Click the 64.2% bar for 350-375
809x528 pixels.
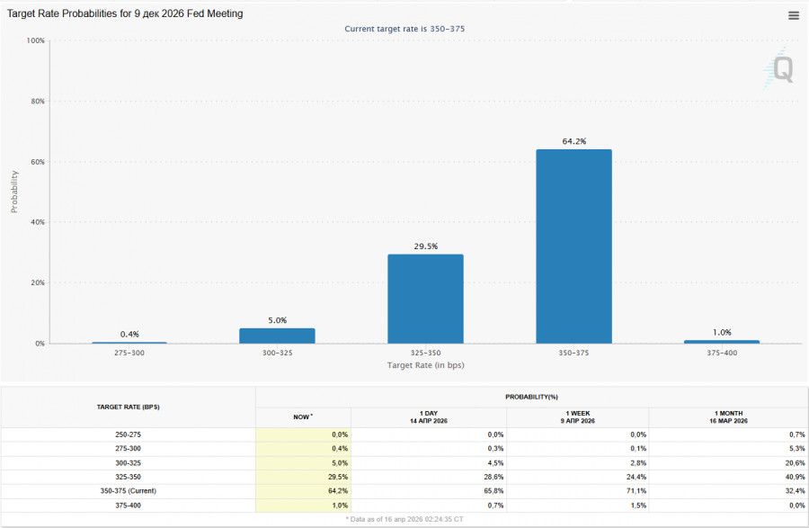573,246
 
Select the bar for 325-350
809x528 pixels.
425,299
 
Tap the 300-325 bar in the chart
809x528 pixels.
277,336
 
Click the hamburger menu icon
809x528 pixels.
794,15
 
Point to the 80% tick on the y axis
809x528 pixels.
36,102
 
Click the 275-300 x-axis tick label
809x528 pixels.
129,353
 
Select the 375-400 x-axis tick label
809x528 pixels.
721,353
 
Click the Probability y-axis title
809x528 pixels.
14,192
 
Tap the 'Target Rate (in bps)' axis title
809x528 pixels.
425,365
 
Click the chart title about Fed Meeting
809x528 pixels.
125,14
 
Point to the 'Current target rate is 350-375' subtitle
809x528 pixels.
404,29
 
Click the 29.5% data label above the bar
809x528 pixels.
425,246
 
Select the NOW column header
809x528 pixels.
302,417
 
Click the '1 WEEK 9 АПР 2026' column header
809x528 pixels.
578,417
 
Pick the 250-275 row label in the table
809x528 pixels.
128,434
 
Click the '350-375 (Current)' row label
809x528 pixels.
128,492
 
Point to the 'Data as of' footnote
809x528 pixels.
404,519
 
